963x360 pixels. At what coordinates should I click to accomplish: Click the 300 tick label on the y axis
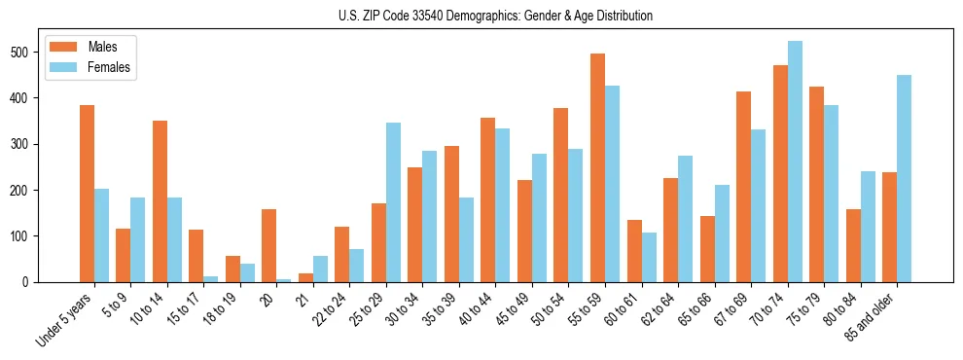(19, 144)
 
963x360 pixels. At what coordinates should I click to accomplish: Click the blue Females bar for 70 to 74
(795, 162)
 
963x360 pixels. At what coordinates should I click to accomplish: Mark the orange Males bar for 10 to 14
(160, 201)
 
